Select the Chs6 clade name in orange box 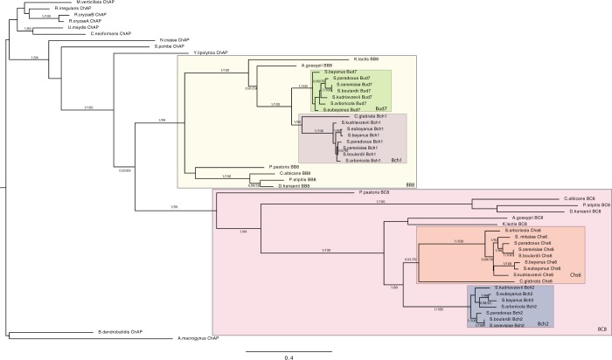[575, 274]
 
